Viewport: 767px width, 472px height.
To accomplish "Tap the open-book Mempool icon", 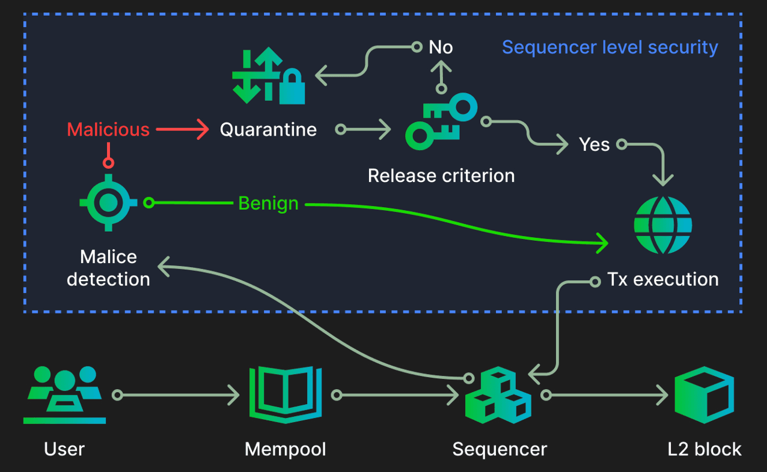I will click(286, 394).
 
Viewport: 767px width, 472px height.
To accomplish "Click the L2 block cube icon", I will click(704, 395).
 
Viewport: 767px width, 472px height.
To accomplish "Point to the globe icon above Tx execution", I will click(663, 225).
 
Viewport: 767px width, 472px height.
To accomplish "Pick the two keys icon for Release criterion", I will click(440, 123).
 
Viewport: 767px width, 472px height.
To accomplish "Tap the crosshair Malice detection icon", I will click(108, 202).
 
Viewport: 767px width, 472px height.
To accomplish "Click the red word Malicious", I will click(108, 130).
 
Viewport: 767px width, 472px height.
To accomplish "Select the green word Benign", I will click(268, 204).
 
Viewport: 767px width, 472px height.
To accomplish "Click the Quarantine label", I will click(268, 130).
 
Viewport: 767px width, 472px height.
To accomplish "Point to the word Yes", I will click(594, 145).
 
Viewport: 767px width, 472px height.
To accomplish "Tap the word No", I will click(441, 47).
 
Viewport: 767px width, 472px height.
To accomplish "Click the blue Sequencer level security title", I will click(610, 47).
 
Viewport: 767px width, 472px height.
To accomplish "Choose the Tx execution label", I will click(663, 279).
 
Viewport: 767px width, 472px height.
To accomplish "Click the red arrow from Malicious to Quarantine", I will click(181, 130).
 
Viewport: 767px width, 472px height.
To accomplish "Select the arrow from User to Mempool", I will click(178, 395).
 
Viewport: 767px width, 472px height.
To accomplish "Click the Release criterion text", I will click(441, 176).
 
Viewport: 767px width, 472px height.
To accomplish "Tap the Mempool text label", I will click(286, 449).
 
